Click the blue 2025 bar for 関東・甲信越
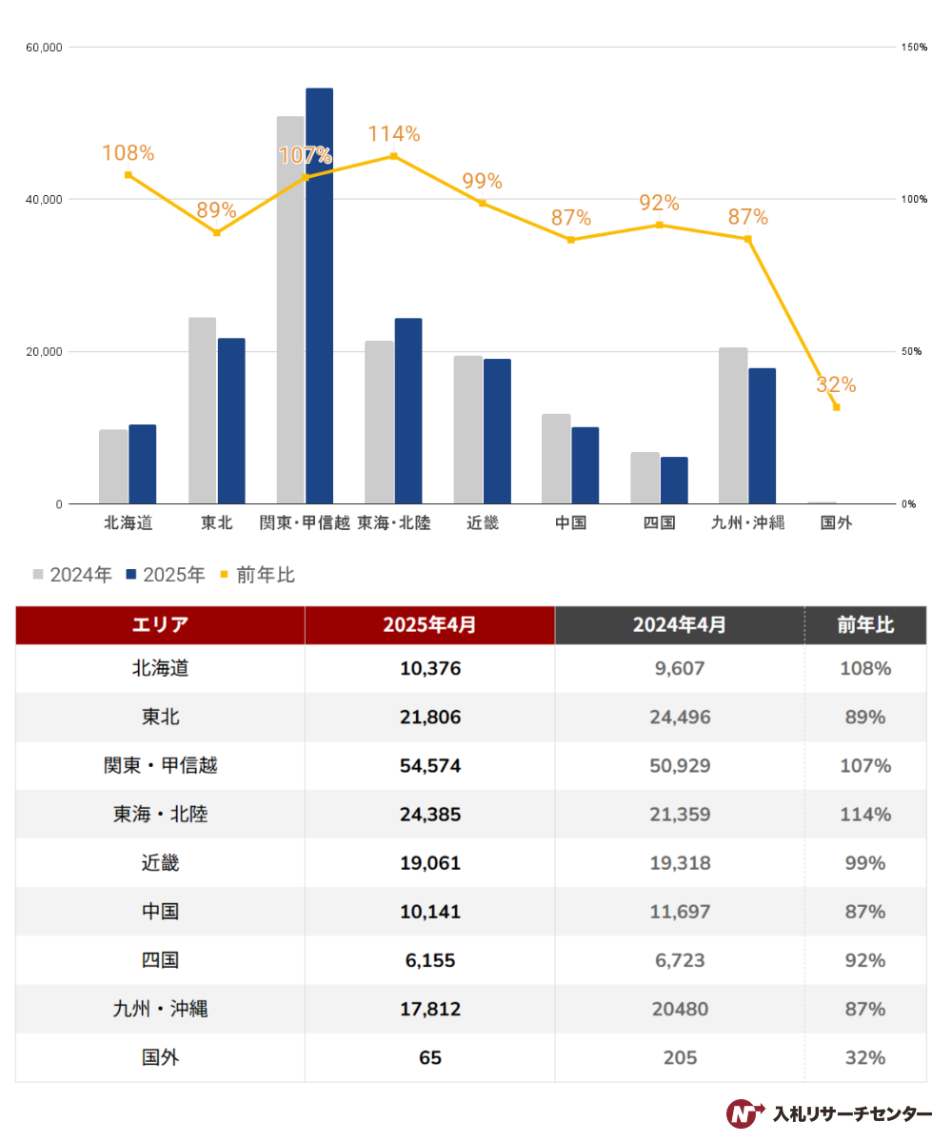(x=319, y=295)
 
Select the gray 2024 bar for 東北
(x=202, y=410)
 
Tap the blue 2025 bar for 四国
(x=674, y=481)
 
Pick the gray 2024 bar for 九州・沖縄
(x=733, y=425)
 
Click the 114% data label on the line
(x=394, y=134)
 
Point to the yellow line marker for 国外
(x=836, y=407)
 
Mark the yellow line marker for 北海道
(x=128, y=175)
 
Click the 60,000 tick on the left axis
(x=45, y=48)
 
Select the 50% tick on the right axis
(x=911, y=351)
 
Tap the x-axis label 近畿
(x=483, y=522)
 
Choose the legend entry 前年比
(x=257, y=575)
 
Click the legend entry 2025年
(x=166, y=575)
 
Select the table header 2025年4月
(x=429, y=624)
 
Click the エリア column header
(x=160, y=624)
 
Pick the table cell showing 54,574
(x=430, y=766)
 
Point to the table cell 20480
(x=680, y=1009)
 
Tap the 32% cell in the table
(x=865, y=1057)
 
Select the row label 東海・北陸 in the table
(x=160, y=814)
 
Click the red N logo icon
(x=744, y=1113)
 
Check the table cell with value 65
(x=430, y=1057)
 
